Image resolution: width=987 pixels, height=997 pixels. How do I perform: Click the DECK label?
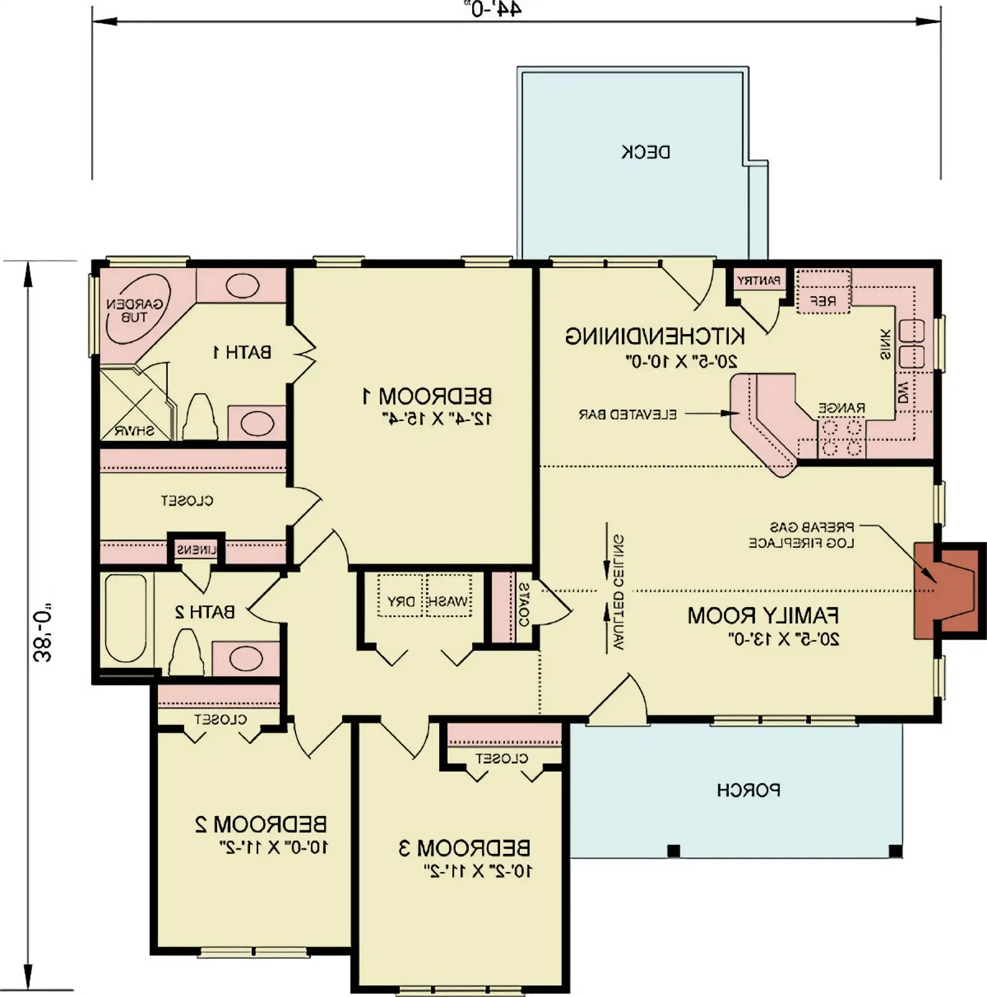[646, 152]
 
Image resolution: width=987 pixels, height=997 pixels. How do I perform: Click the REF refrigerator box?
[823, 300]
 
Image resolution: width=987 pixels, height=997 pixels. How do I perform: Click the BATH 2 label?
[205, 612]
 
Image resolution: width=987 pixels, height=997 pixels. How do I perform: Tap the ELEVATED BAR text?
[628, 414]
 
